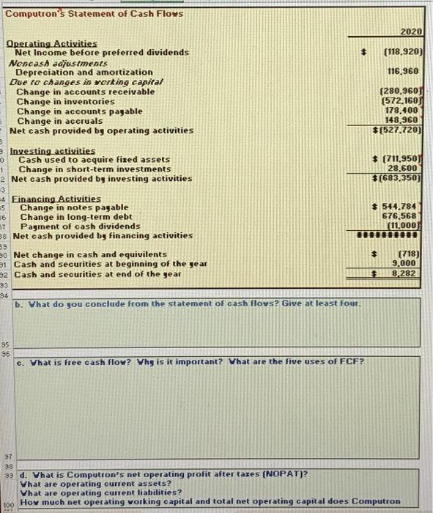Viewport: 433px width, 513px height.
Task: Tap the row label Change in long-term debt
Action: coord(76,217)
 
